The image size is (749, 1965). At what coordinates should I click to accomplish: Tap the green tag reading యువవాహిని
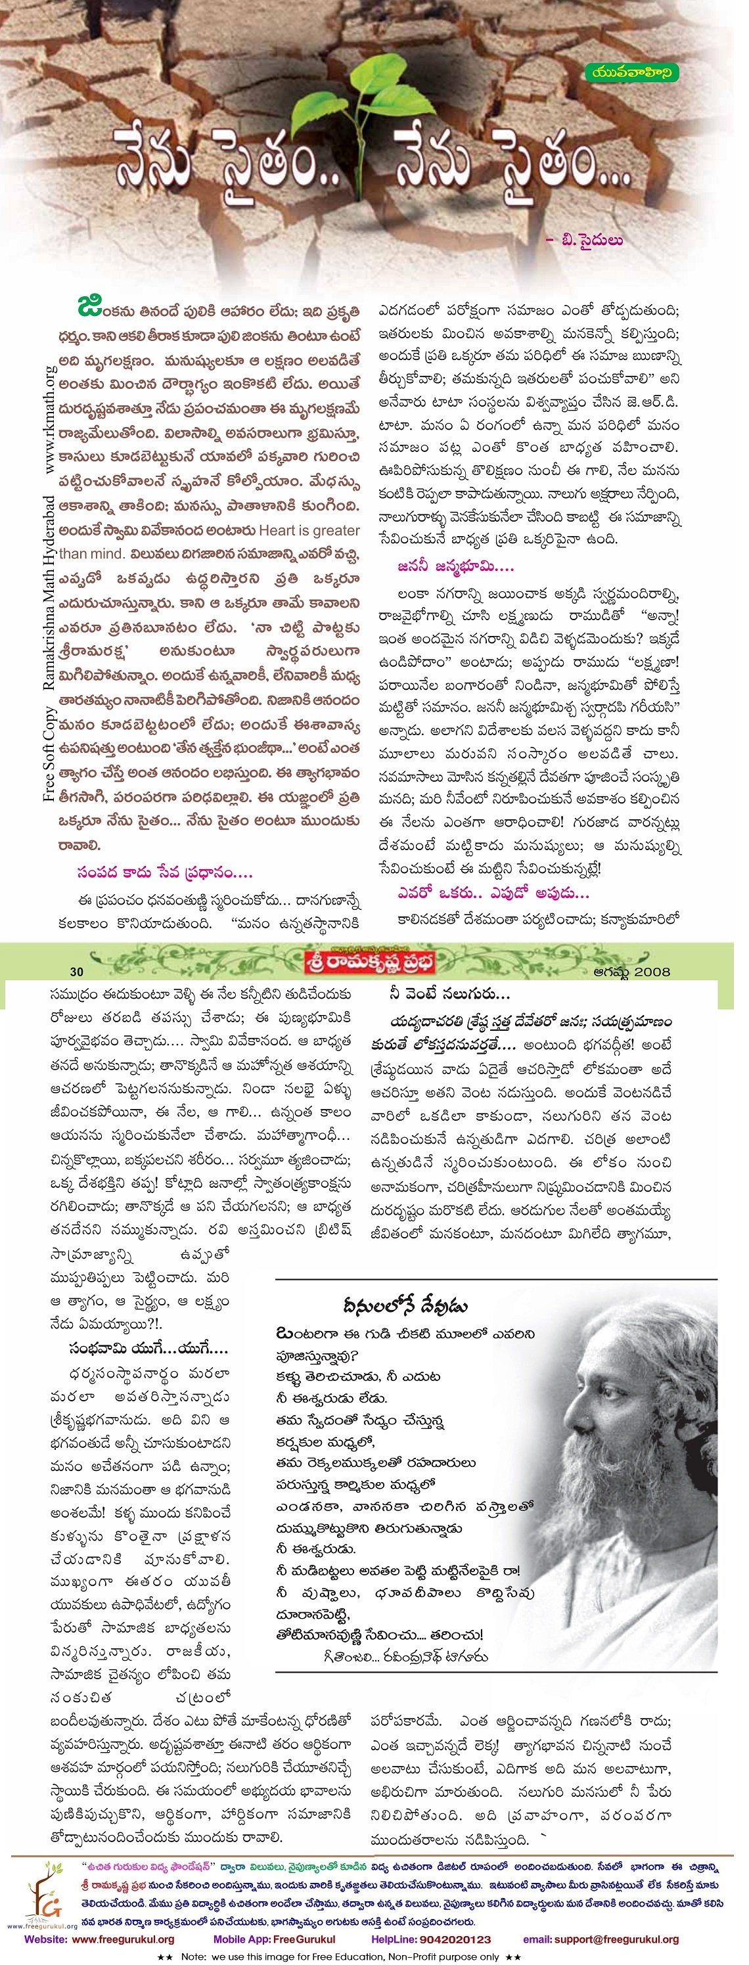pos(632,73)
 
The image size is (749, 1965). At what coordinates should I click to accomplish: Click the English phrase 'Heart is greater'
pos(309,530)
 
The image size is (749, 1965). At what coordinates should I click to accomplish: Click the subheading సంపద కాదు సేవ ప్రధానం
pos(164,872)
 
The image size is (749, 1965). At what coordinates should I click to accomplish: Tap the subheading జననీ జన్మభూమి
pos(455,566)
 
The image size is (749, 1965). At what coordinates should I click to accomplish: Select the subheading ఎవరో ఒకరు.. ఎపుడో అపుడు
pos(493,892)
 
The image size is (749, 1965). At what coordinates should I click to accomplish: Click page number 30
pos(76,972)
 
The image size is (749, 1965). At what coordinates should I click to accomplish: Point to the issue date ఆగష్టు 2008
pos(631,972)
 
